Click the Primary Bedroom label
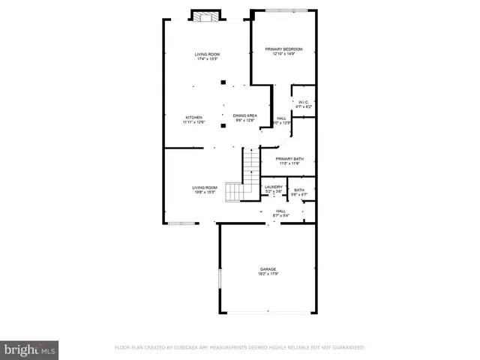tap(282, 49)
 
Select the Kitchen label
tap(194, 118)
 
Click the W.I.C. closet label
tap(304, 103)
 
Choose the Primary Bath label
tap(289, 159)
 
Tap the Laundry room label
tap(274, 187)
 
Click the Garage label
tap(268, 269)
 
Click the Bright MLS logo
tap(29, 349)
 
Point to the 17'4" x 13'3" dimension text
tap(207, 59)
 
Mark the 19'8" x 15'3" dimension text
tap(204, 192)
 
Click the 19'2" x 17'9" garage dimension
tap(268, 274)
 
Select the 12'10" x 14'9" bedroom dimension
tap(282, 55)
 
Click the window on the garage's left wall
tap(220, 278)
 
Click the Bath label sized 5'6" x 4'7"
tap(299, 190)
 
